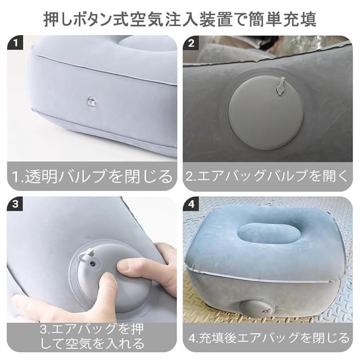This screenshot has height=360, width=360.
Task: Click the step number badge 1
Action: tap(15, 42)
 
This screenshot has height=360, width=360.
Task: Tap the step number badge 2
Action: tap(191, 42)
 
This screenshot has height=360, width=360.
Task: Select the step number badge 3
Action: tap(15, 204)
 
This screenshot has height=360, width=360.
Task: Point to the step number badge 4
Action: tap(191, 204)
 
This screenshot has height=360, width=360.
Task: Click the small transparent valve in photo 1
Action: tap(92, 102)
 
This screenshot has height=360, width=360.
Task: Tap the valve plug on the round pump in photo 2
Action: tap(280, 86)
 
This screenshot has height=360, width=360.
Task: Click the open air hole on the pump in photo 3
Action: tap(93, 264)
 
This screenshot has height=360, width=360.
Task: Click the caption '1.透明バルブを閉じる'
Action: tap(92, 176)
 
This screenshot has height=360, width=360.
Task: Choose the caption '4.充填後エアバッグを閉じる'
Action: tap(269, 338)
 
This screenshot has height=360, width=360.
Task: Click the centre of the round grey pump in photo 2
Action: tap(266, 112)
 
